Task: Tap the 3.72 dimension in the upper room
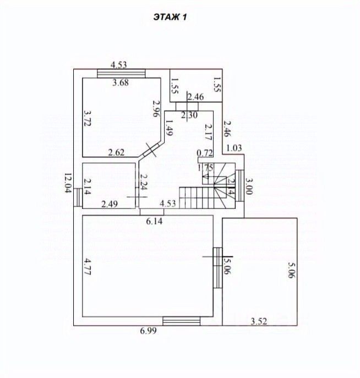click(87, 118)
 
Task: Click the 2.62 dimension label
click(117, 153)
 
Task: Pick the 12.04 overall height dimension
click(68, 184)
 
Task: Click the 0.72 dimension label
click(205, 154)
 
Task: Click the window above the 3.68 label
click(121, 73)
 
